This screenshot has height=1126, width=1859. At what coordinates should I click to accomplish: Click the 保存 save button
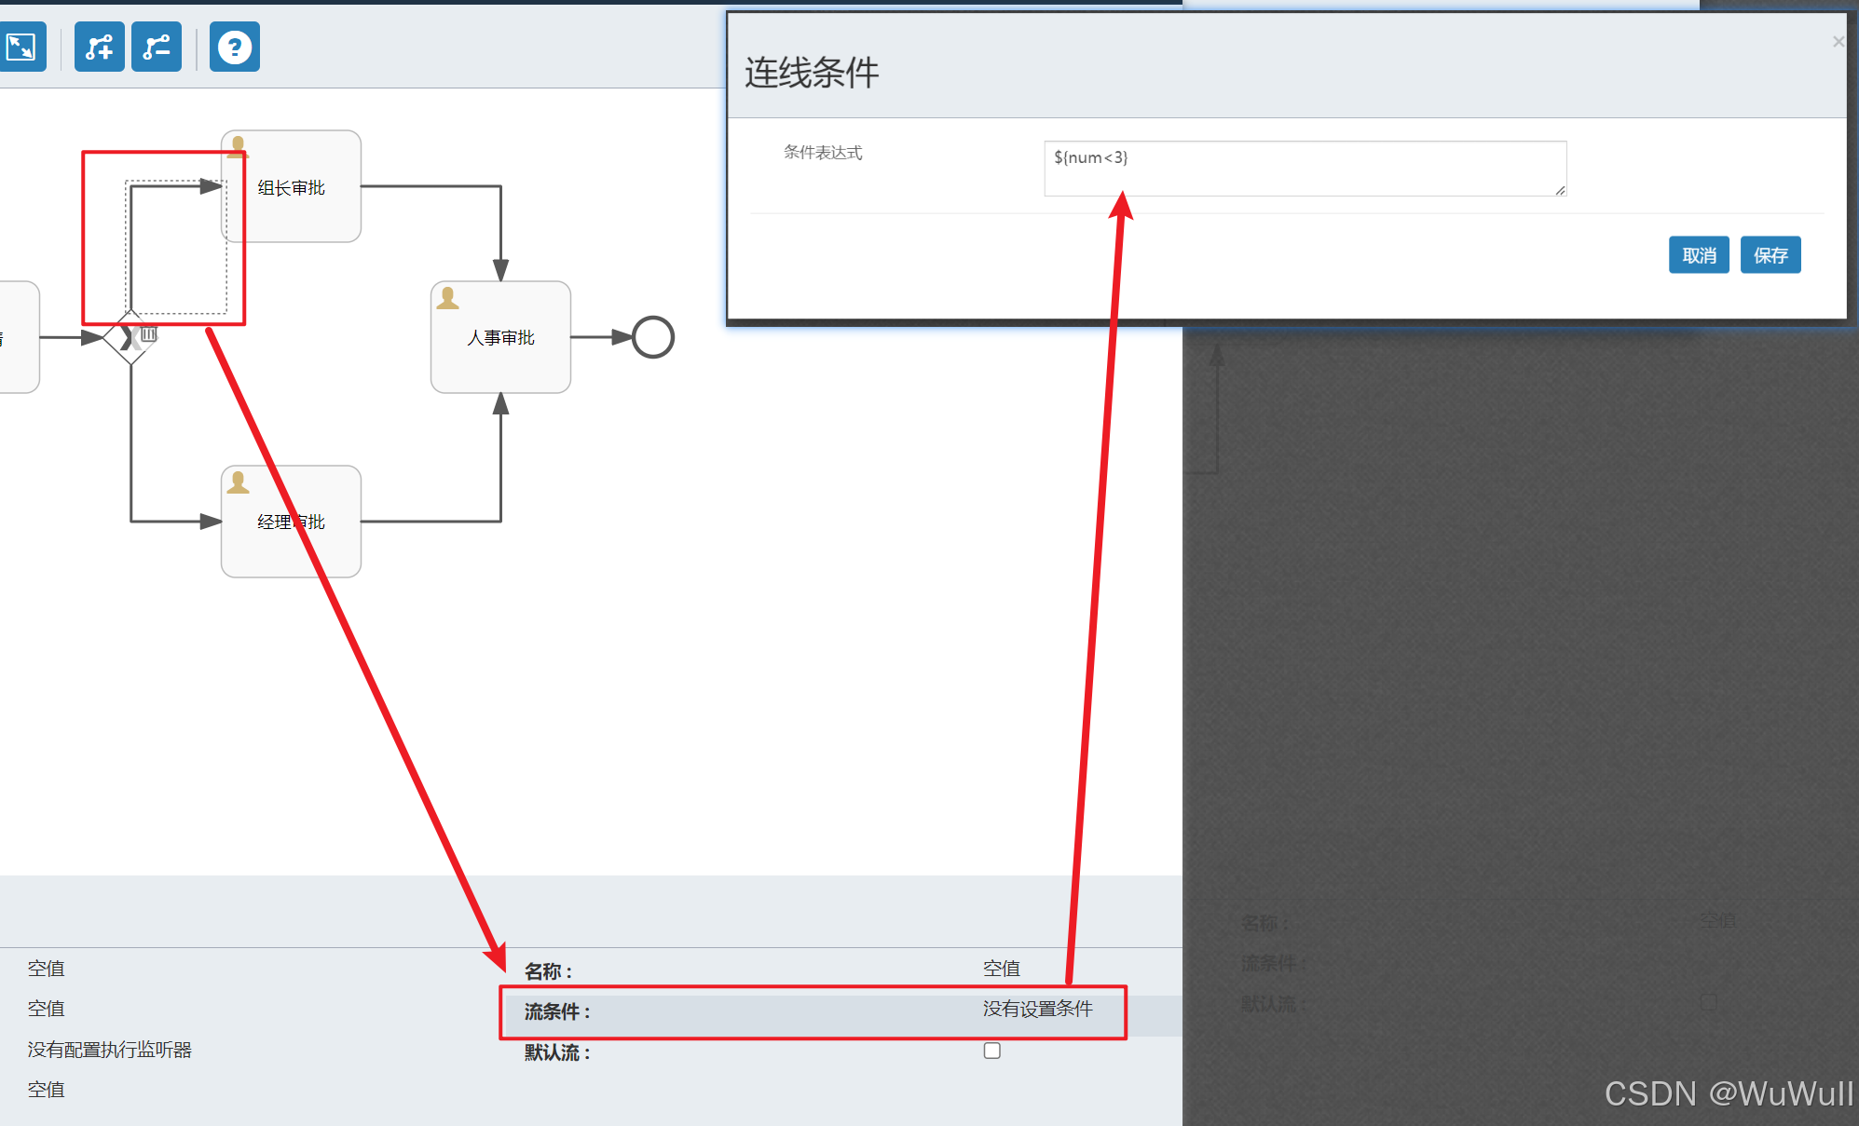[1770, 255]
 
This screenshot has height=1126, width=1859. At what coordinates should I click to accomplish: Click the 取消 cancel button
[1698, 255]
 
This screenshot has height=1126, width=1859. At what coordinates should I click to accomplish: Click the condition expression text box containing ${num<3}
[1304, 169]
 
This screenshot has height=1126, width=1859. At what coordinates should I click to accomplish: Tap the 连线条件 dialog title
[811, 73]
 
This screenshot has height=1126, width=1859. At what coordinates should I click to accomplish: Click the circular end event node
[652, 337]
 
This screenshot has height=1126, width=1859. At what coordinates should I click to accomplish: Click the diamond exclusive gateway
[130, 337]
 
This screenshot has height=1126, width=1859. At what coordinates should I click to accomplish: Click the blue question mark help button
[234, 47]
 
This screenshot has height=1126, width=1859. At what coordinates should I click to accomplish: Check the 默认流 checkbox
[991, 1051]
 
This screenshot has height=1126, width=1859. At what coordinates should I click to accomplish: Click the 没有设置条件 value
[1037, 1009]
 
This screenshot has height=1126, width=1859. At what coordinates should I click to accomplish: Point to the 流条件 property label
[556, 1011]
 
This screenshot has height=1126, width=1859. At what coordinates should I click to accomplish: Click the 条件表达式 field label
[823, 153]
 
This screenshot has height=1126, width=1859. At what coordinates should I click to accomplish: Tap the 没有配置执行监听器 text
[109, 1050]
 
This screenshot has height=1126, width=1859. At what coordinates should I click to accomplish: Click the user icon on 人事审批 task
[447, 298]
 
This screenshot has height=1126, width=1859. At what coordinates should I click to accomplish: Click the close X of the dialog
[1838, 42]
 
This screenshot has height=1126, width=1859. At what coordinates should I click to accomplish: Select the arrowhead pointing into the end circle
[622, 337]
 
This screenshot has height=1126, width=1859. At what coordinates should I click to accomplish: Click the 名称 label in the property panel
[547, 971]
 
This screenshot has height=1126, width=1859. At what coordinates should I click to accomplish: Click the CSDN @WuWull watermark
[1728, 1093]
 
